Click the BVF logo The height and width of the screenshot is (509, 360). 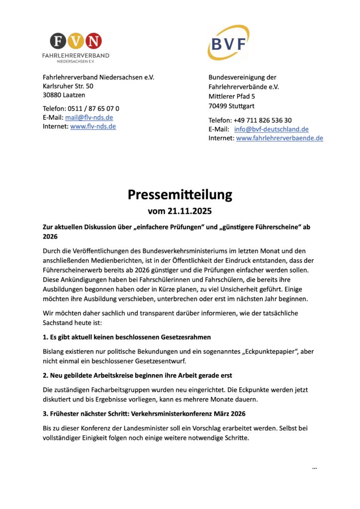(228, 43)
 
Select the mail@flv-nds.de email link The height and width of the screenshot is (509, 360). (89, 117)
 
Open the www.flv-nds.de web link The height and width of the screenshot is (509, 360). (93, 126)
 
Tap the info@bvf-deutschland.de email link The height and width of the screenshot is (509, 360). (271, 129)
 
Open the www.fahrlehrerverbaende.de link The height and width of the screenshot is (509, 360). (279, 138)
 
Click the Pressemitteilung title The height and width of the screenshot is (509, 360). (180, 194)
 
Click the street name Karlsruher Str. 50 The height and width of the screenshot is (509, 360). (68, 86)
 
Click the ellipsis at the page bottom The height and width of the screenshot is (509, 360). (314, 468)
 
